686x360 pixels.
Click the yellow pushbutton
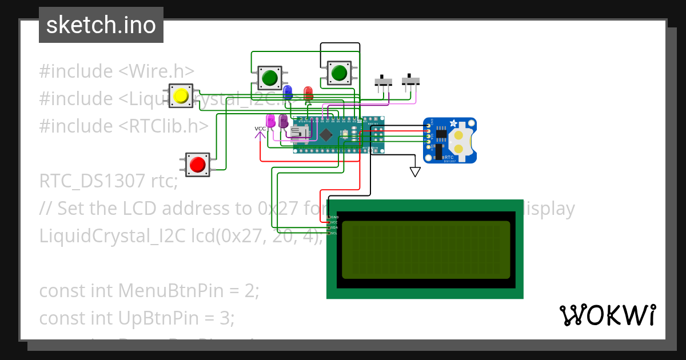pyautogui.click(x=181, y=96)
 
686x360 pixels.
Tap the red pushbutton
pyautogui.click(x=198, y=165)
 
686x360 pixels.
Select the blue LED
pyautogui.click(x=288, y=91)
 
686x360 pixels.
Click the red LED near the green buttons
pyautogui.click(x=308, y=93)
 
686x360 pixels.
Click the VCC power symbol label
pyautogui.click(x=260, y=129)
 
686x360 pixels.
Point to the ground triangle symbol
pyautogui.click(x=415, y=171)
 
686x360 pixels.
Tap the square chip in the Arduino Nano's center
pyautogui.click(x=326, y=135)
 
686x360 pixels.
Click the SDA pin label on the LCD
pyautogui.click(x=334, y=227)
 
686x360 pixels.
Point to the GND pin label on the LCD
pyautogui.click(x=334, y=217)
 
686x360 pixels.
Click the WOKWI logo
pyautogui.click(x=607, y=315)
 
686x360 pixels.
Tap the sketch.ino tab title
pyautogui.click(x=101, y=25)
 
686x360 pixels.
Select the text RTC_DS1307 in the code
pyautogui.click(x=91, y=181)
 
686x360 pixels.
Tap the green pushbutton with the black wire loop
pyautogui.click(x=339, y=73)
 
